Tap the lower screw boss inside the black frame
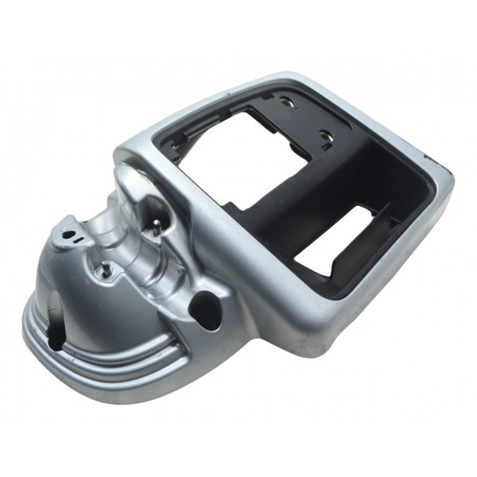pyautogui.click(x=327, y=137)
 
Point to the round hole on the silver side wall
pyautogui.click(x=207, y=306)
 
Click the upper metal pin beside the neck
pyautogui.click(x=157, y=227)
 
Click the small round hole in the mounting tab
pyautogui.click(x=69, y=235)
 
